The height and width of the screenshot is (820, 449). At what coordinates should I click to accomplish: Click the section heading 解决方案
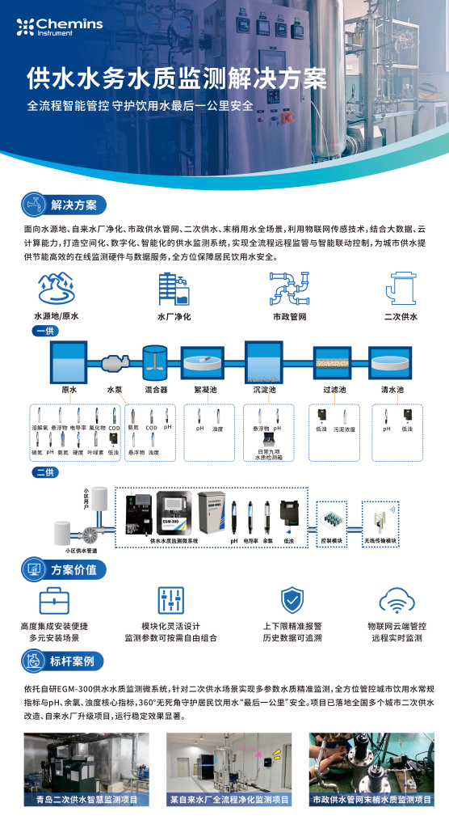tap(73, 204)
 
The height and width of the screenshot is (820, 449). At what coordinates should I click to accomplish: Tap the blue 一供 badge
tap(45, 331)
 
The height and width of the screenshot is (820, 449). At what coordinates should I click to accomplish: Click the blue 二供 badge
tap(45, 471)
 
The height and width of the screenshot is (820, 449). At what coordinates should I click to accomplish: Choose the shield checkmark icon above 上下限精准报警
tap(292, 601)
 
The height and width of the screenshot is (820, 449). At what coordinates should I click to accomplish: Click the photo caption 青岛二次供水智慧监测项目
tap(81, 799)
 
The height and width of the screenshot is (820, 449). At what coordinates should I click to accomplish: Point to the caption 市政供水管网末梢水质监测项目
tap(368, 799)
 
